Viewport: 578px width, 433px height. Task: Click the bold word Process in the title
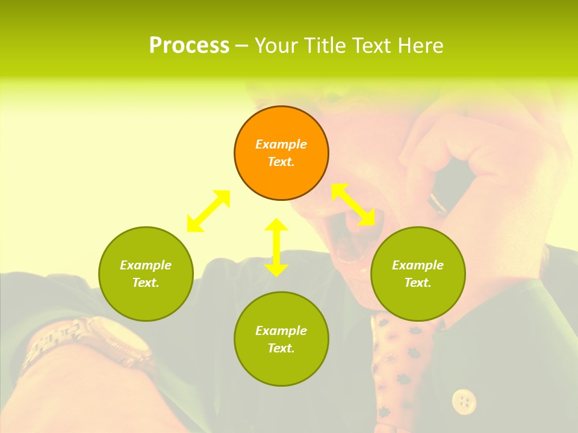click(x=189, y=46)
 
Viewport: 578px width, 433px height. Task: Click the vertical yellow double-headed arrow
click(x=276, y=247)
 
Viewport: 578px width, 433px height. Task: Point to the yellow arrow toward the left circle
click(x=208, y=211)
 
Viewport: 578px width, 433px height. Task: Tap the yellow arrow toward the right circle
click(x=353, y=204)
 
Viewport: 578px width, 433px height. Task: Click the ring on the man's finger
click(x=438, y=203)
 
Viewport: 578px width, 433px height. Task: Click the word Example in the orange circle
click(x=281, y=144)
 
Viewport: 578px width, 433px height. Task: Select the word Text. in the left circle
click(x=146, y=283)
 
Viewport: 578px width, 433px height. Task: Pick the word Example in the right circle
click(x=418, y=265)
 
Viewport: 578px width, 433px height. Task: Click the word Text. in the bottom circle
click(x=281, y=348)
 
